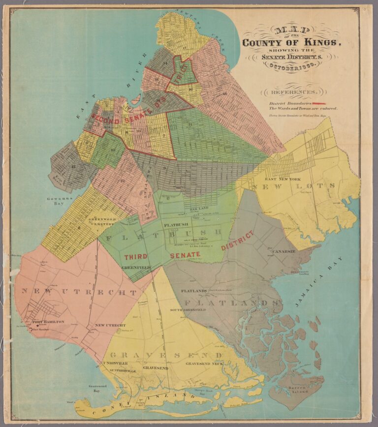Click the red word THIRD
pos(136,257)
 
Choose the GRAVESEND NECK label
pos(204,364)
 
